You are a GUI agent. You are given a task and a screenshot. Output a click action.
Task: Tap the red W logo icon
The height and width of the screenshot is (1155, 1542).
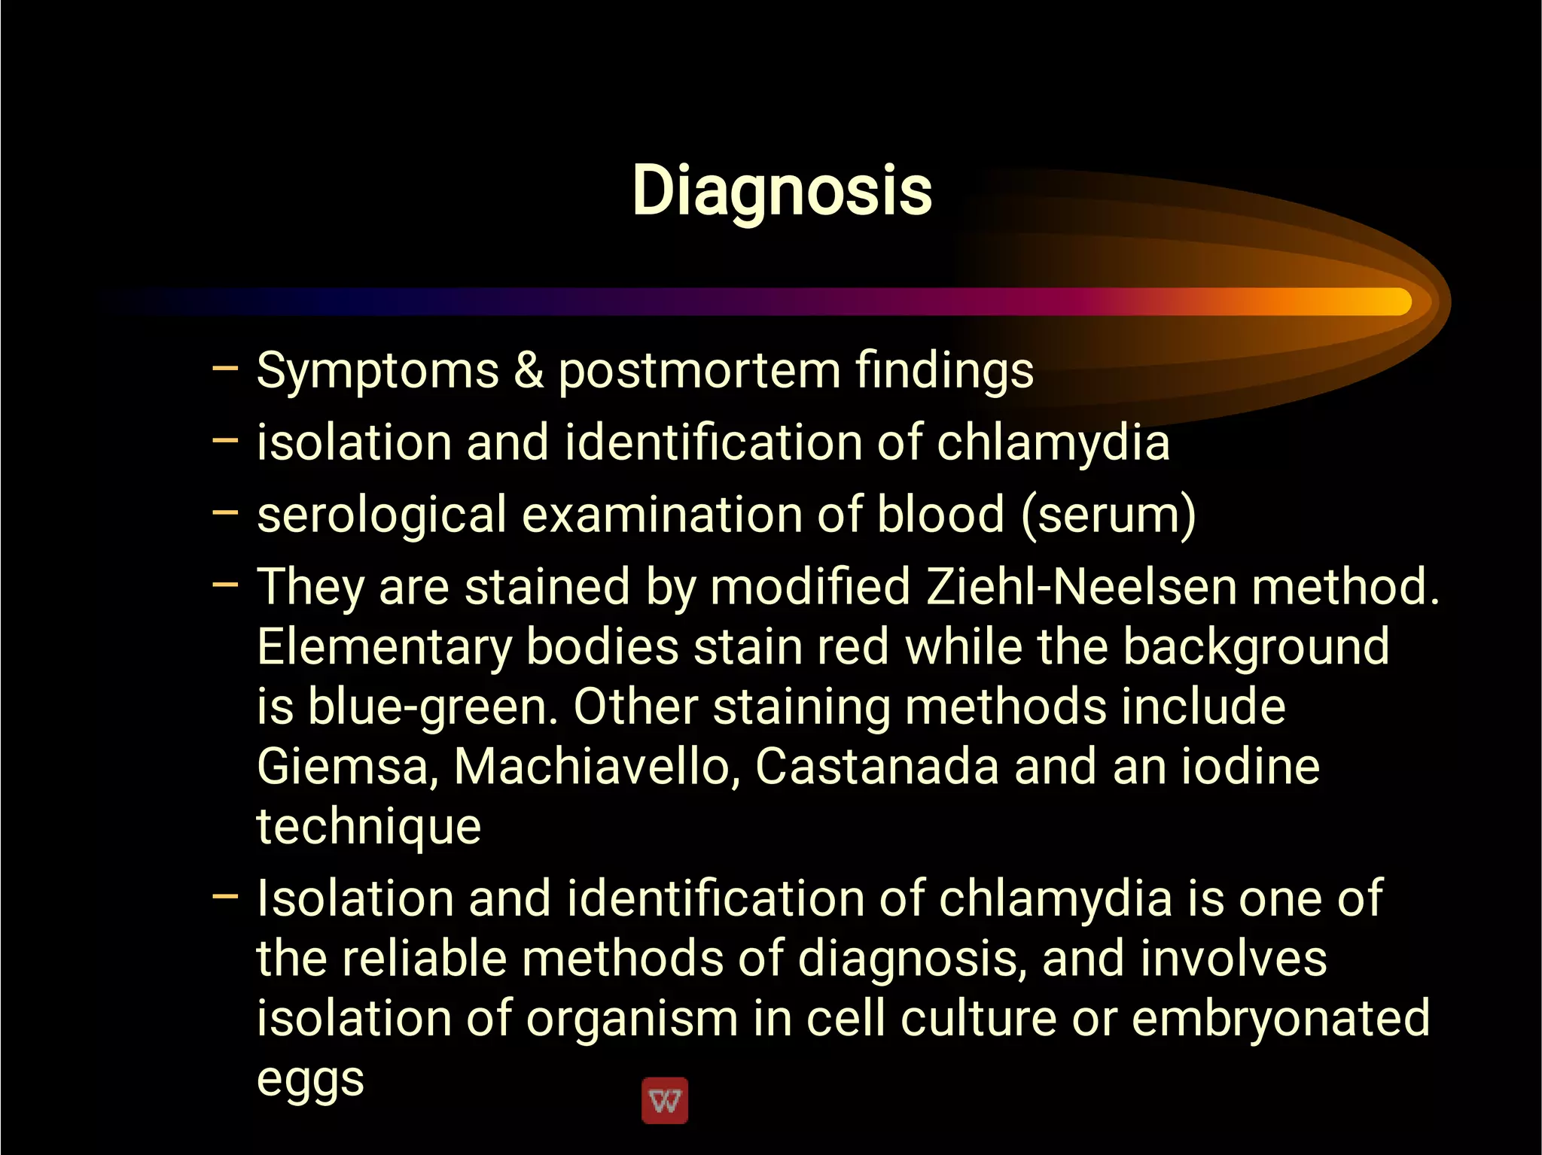(664, 1101)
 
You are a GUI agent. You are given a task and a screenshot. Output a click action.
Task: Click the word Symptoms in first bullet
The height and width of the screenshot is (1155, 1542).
(377, 371)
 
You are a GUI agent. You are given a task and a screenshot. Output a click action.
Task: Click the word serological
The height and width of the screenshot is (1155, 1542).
(381, 515)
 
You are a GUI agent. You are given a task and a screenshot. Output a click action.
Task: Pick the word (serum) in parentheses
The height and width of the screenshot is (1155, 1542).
(1108, 515)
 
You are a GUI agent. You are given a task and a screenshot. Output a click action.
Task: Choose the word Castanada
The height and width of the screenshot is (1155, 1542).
(876, 767)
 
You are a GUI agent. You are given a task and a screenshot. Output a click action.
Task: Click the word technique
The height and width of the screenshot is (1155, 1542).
(368, 827)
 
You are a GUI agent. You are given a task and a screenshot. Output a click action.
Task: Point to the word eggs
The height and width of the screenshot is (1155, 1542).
(310, 1080)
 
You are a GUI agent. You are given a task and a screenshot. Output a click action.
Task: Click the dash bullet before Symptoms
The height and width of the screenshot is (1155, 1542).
(225, 369)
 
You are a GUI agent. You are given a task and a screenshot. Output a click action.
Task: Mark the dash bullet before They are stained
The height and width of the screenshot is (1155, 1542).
(225, 584)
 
